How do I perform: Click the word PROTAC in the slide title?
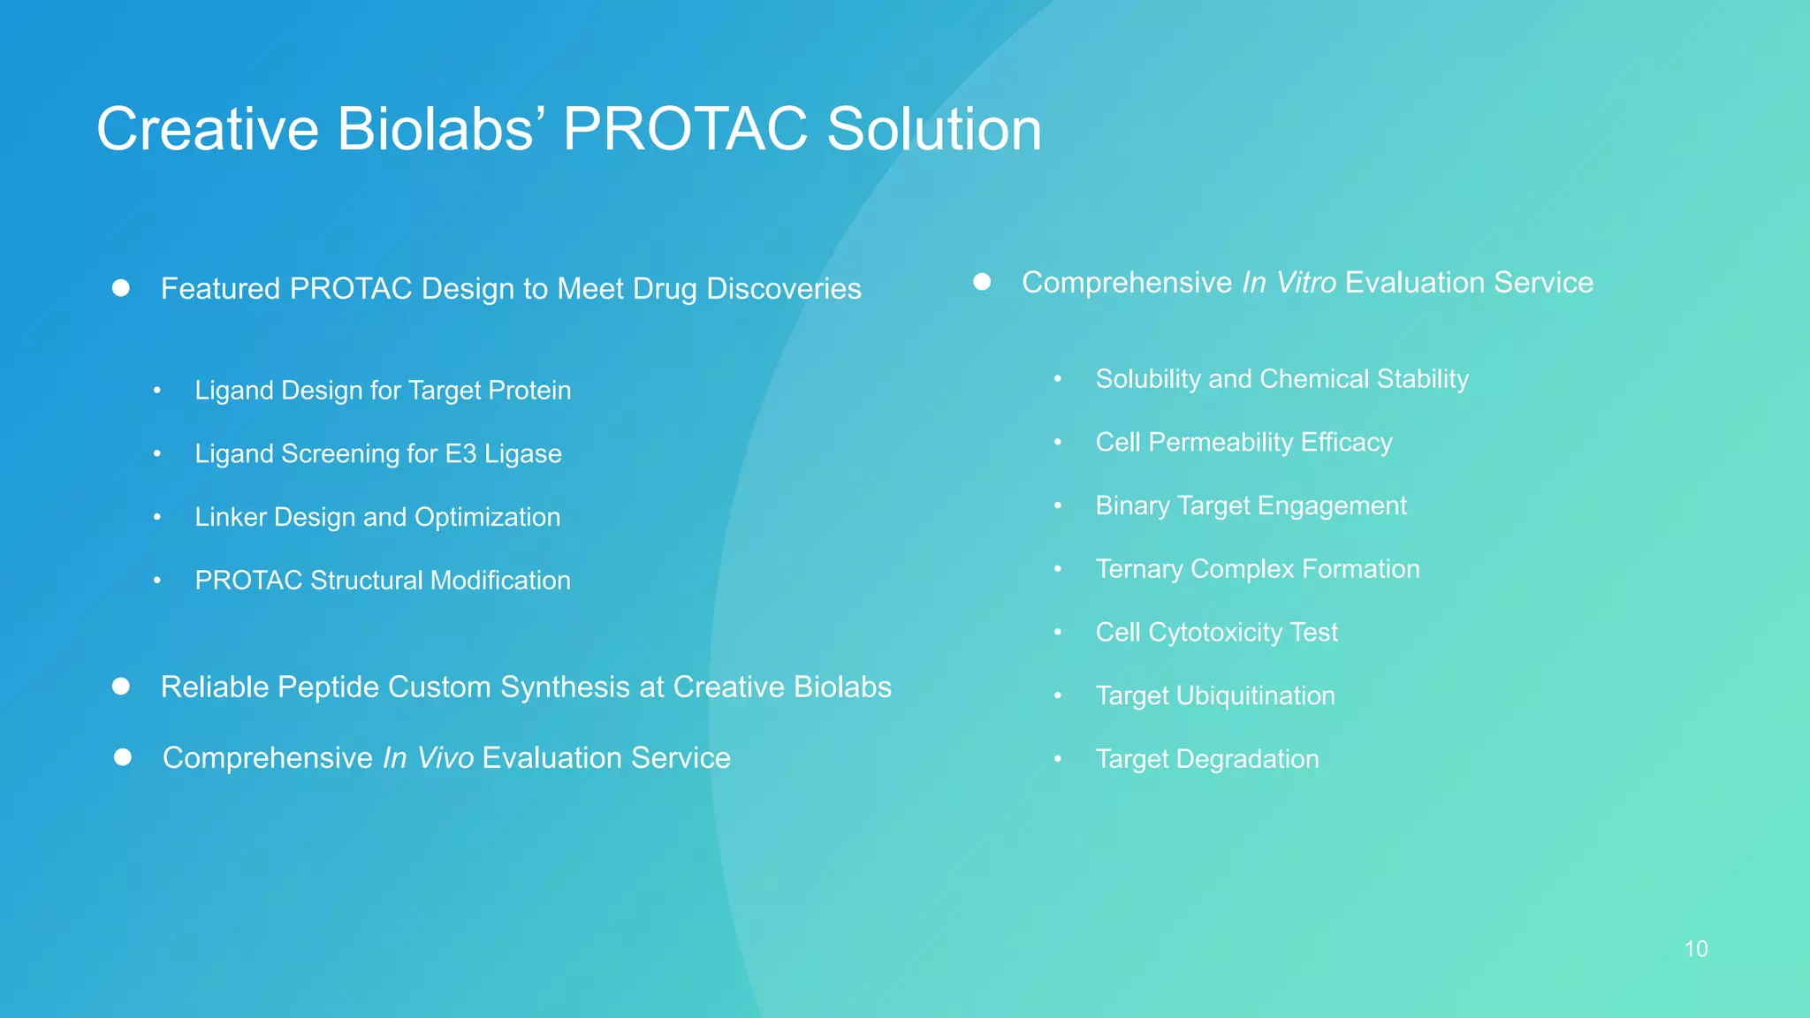[x=685, y=130]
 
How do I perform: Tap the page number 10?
[x=1695, y=949]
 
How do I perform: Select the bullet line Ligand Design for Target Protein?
[x=383, y=391]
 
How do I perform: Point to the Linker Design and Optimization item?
[x=377, y=517]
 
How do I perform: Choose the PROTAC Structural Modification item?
[x=383, y=581]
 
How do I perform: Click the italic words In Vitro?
[x=1289, y=283]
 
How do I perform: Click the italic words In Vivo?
[x=428, y=758]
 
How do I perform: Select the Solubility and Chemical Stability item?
[x=1281, y=379]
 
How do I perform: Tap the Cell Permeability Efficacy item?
[x=1243, y=443]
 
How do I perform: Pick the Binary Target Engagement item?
[x=1251, y=505]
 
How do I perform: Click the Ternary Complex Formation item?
[x=1258, y=569]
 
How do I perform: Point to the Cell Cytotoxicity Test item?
[x=1216, y=633]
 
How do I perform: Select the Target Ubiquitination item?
[x=1215, y=696]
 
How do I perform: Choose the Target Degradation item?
[x=1207, y=759]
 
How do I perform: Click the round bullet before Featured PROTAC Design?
[x=121, y=288]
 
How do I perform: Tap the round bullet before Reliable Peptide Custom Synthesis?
[x=121, y=687]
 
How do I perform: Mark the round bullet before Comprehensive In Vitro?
[x=982, y=282]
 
